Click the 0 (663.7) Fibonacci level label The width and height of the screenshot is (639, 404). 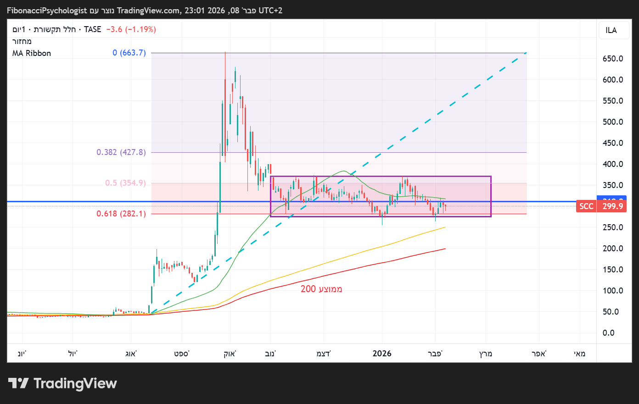pyautogui.click(x=129, y=53)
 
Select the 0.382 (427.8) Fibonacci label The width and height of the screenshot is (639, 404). pyautogui.click(x=121, y=152)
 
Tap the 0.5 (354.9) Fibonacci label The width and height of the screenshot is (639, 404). pyautogui.click(x=125, y=183)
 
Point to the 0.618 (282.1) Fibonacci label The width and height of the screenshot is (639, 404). pyautogui.click(x=121, y=214)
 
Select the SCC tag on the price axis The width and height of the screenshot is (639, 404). pyautogui.click(x=586, y=206)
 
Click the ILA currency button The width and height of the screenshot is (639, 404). pyautogui.click(x=611, y=30)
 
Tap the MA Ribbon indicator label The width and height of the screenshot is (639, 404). pyautogui.click(x=32, y=53)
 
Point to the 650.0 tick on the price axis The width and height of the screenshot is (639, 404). pyautogui.click(x=613, y=59)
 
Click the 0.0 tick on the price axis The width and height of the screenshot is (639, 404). pyautogui.click(x=608, y=333)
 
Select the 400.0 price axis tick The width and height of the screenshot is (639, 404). pyautogui.click(x=613, y=164)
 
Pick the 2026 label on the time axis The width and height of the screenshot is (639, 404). pyautogui.click(x=382, y=354)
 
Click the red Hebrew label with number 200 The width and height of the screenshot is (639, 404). pyautogui.click(x=321, y=289)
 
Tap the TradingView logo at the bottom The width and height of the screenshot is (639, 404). pyautogui.click(x=63, y=383)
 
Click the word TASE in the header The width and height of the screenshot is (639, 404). pyautogui.click(x=92, y=29)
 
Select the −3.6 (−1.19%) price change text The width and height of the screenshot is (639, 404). pyautogui.click(x=131, y=29)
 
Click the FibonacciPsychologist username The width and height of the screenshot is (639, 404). pyautogui.click(x=47, y=11)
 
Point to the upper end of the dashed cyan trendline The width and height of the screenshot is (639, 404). pyautogui.click(x=526, y=53)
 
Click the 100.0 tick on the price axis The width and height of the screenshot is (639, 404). pyautogui.click(x=613, y=291)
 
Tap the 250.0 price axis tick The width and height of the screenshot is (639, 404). pyautogui.click(x=613, y=227)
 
